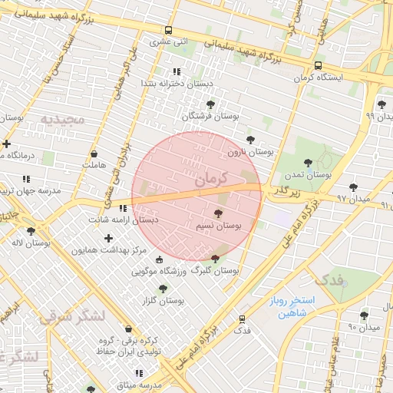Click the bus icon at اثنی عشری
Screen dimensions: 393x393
pos(168,31)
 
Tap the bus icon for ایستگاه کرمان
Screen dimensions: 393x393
pos(318,65)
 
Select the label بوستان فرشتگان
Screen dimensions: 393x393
pos(210,115)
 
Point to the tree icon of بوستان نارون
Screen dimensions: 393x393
pos(250,140)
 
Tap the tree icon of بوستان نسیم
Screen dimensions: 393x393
pos(220,214)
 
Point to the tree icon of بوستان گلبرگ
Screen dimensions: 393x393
pos(214,259)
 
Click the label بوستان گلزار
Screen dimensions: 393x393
pos(162,300)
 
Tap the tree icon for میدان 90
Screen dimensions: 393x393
pos(364,315)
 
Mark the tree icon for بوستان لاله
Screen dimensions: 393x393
pos(31,230)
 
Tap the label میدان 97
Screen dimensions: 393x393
pos(354,199)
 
